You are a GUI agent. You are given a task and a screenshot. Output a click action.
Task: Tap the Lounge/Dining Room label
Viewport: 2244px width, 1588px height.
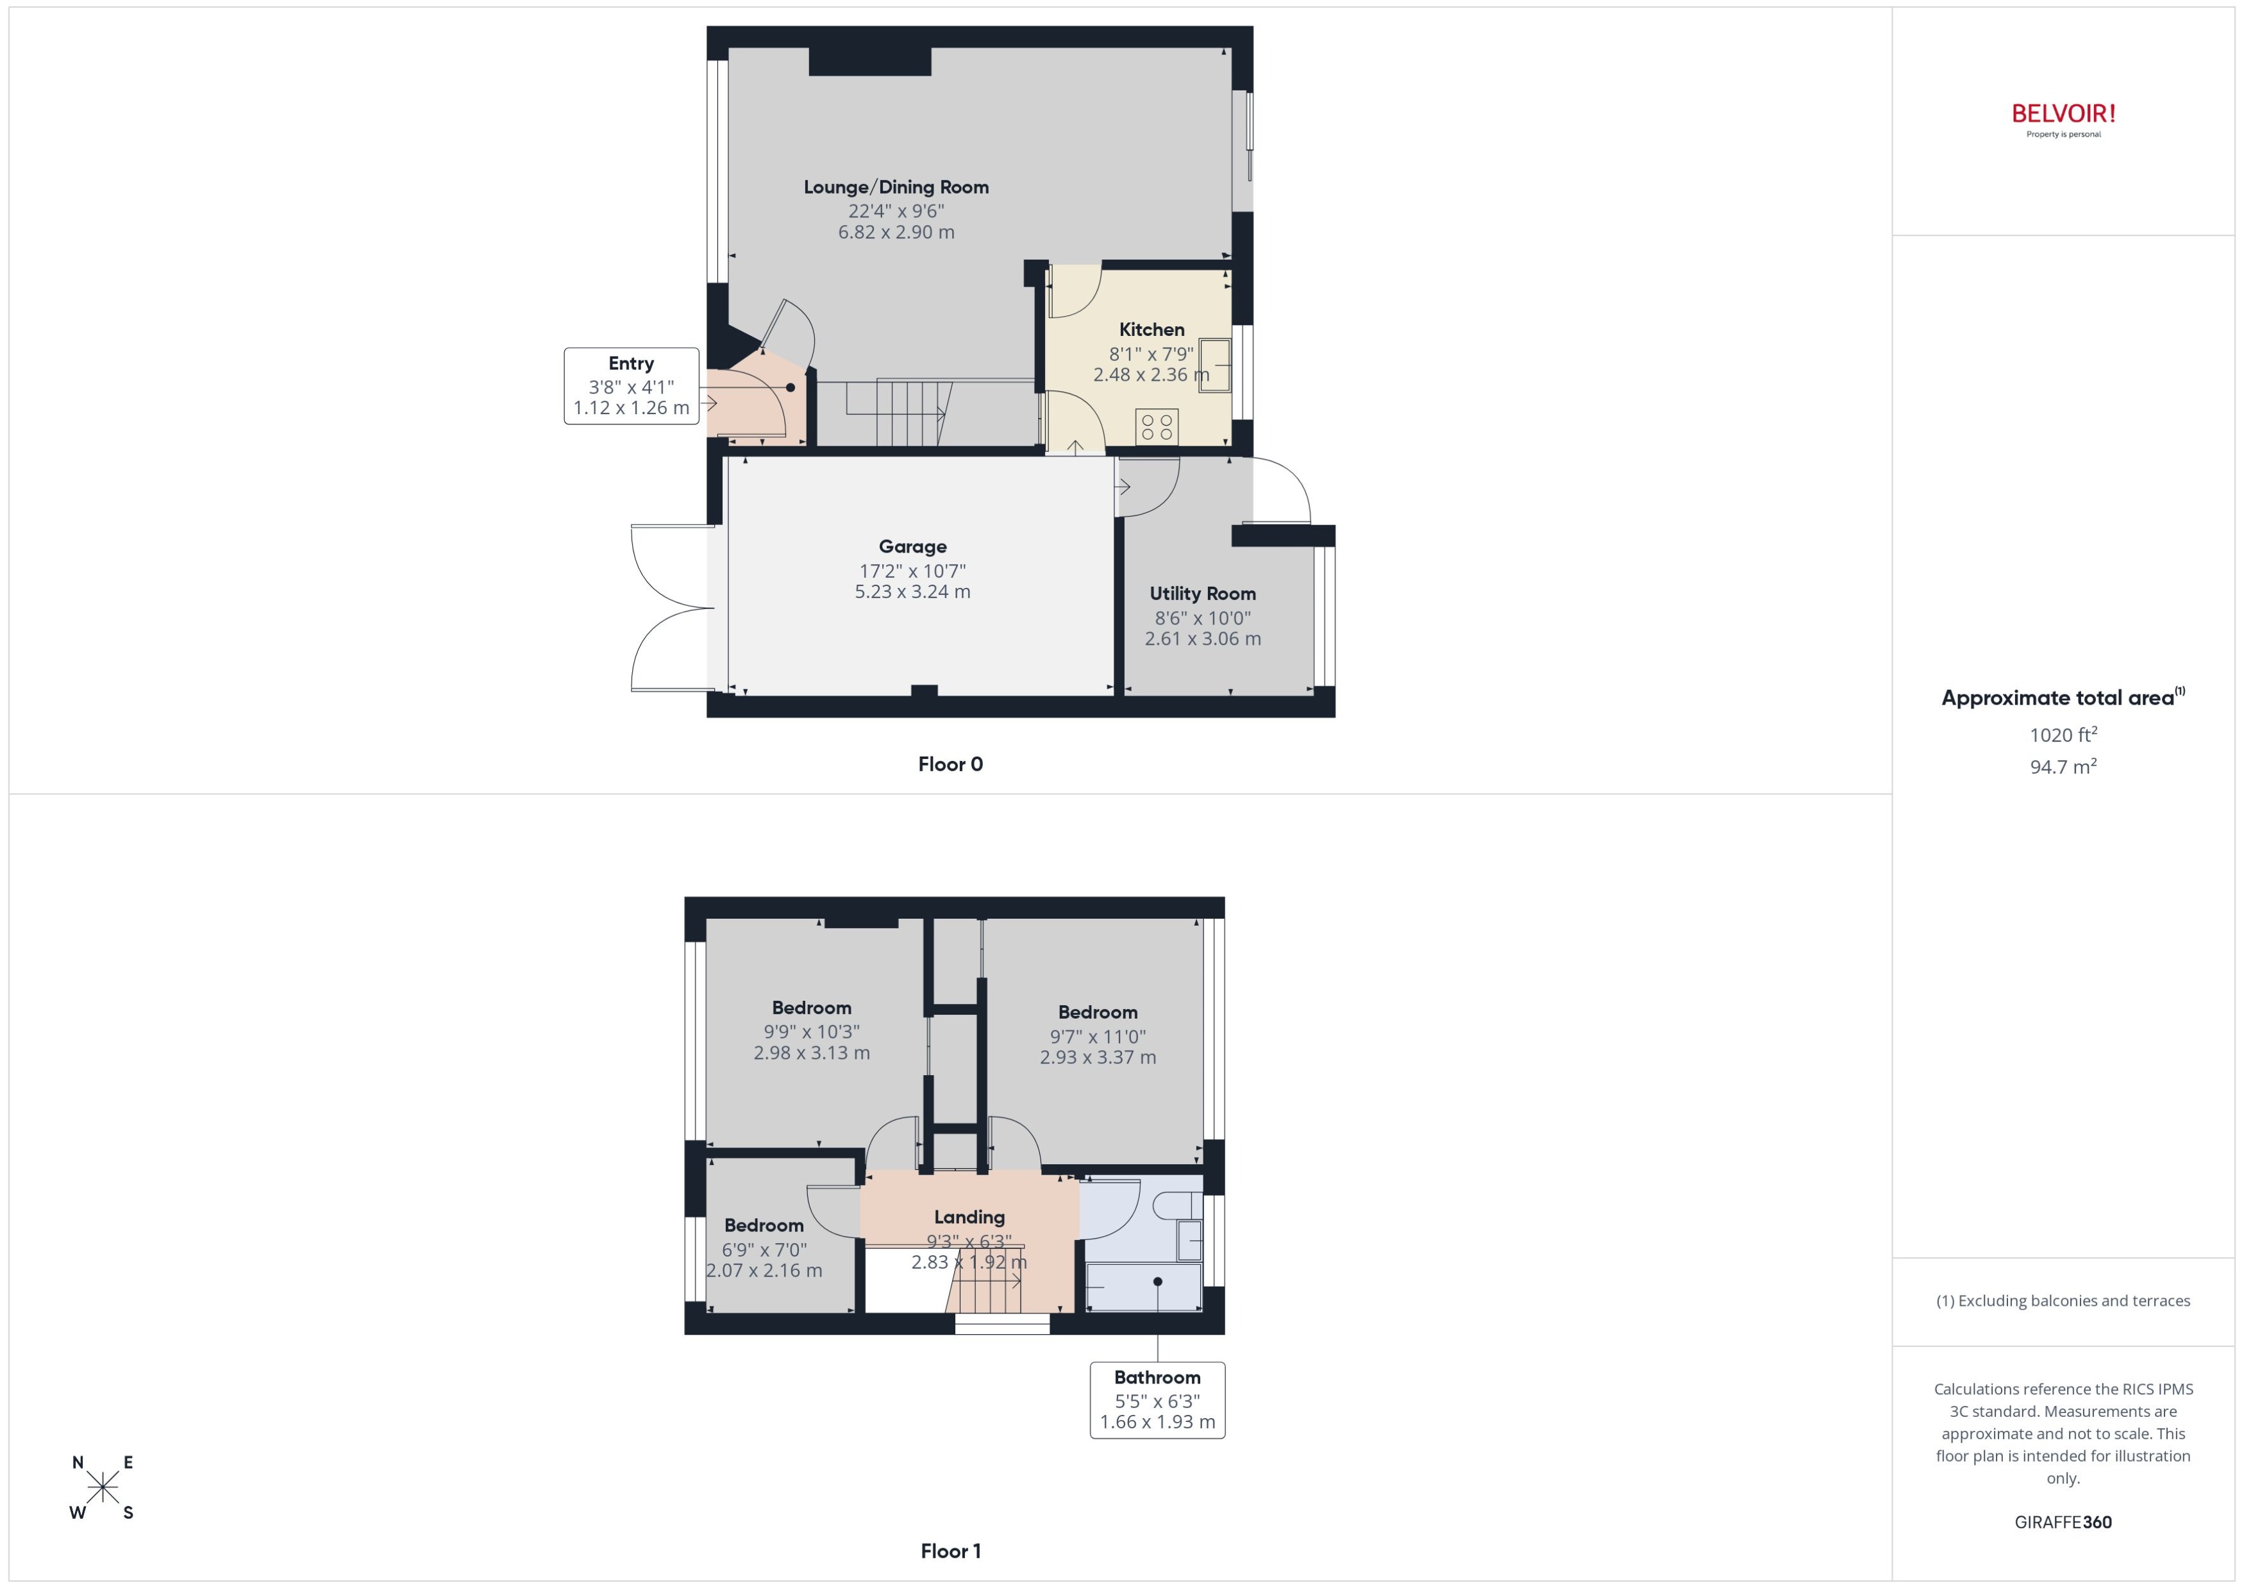896,187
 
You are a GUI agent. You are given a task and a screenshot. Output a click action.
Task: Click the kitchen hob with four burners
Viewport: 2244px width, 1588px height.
1157,426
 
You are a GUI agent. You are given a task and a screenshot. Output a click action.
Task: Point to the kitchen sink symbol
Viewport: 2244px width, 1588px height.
1214,365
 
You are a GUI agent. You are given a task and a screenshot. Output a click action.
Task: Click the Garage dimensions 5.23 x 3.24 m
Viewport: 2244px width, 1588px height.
912,592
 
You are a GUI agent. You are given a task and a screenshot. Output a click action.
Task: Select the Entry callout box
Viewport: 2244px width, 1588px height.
632,385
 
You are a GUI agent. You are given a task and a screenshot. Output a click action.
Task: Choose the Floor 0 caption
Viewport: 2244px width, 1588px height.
950,765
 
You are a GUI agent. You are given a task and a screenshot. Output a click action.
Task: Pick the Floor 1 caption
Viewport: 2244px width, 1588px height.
950,1551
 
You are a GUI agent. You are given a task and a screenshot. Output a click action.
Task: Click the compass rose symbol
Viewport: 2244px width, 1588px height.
102,1488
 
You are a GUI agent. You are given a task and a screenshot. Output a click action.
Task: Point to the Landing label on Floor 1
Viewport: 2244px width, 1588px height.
969,1217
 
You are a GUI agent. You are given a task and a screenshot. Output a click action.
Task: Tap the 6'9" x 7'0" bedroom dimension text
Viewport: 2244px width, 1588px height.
764,1250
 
